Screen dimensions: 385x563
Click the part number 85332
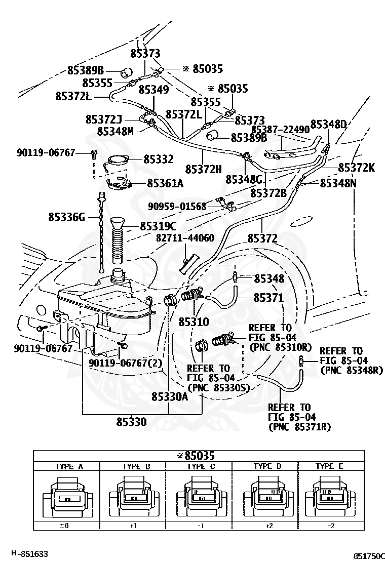tap(159, 159)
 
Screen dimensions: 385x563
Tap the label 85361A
tap(165, 183)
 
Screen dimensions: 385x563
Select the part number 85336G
tap(67, 217)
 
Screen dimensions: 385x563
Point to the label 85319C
tap(159, 226)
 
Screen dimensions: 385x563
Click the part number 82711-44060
tap(185, 237)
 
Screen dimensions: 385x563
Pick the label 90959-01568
tap(177, 207)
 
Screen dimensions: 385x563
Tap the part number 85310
tap(194, 321)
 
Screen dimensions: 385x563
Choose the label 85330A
tap(170, 396)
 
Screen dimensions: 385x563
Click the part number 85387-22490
tap(281, 130)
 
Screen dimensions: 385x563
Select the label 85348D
tap(328, 124)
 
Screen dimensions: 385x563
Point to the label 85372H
tap(204, 169)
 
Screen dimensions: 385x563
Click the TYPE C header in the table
tap(201, 466)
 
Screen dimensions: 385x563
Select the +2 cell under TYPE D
tap(269, 526)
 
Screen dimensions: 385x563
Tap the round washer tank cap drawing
tap(117, 160)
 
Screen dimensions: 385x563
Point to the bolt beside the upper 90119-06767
tap(94, 154)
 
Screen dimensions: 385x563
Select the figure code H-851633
tap(29, 554)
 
